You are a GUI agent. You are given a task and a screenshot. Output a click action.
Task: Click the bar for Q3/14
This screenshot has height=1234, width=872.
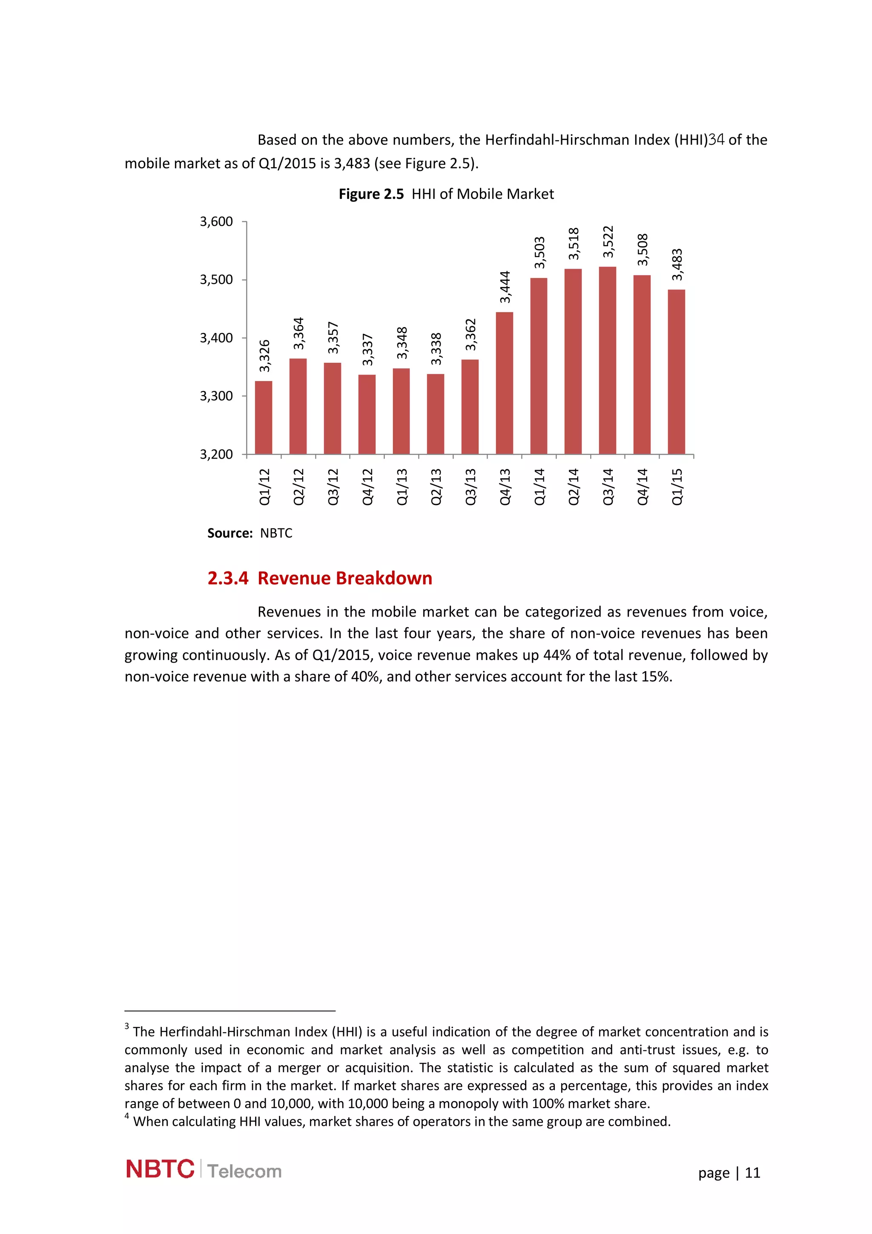(607, 360)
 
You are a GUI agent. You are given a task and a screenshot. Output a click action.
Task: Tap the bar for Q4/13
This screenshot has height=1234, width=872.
(504, 383)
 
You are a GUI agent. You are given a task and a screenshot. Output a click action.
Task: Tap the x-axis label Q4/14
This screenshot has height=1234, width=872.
(642, 486)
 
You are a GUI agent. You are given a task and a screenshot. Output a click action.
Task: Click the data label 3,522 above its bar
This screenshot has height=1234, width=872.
(608, 242)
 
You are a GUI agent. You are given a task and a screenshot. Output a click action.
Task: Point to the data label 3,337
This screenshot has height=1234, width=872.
(367, 349)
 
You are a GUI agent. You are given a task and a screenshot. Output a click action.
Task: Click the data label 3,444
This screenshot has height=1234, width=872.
(505, 287)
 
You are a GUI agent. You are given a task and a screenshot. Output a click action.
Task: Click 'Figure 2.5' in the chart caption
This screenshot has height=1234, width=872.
(371, 194)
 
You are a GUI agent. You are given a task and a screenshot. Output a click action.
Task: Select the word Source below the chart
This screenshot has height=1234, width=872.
(229, 533)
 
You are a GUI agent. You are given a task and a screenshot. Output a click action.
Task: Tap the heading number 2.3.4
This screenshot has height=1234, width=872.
(228, 578)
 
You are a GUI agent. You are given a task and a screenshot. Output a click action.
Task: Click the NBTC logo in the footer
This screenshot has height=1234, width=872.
(160, 1169)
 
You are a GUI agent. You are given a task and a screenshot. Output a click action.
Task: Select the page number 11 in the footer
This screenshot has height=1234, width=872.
(753, 1173)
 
